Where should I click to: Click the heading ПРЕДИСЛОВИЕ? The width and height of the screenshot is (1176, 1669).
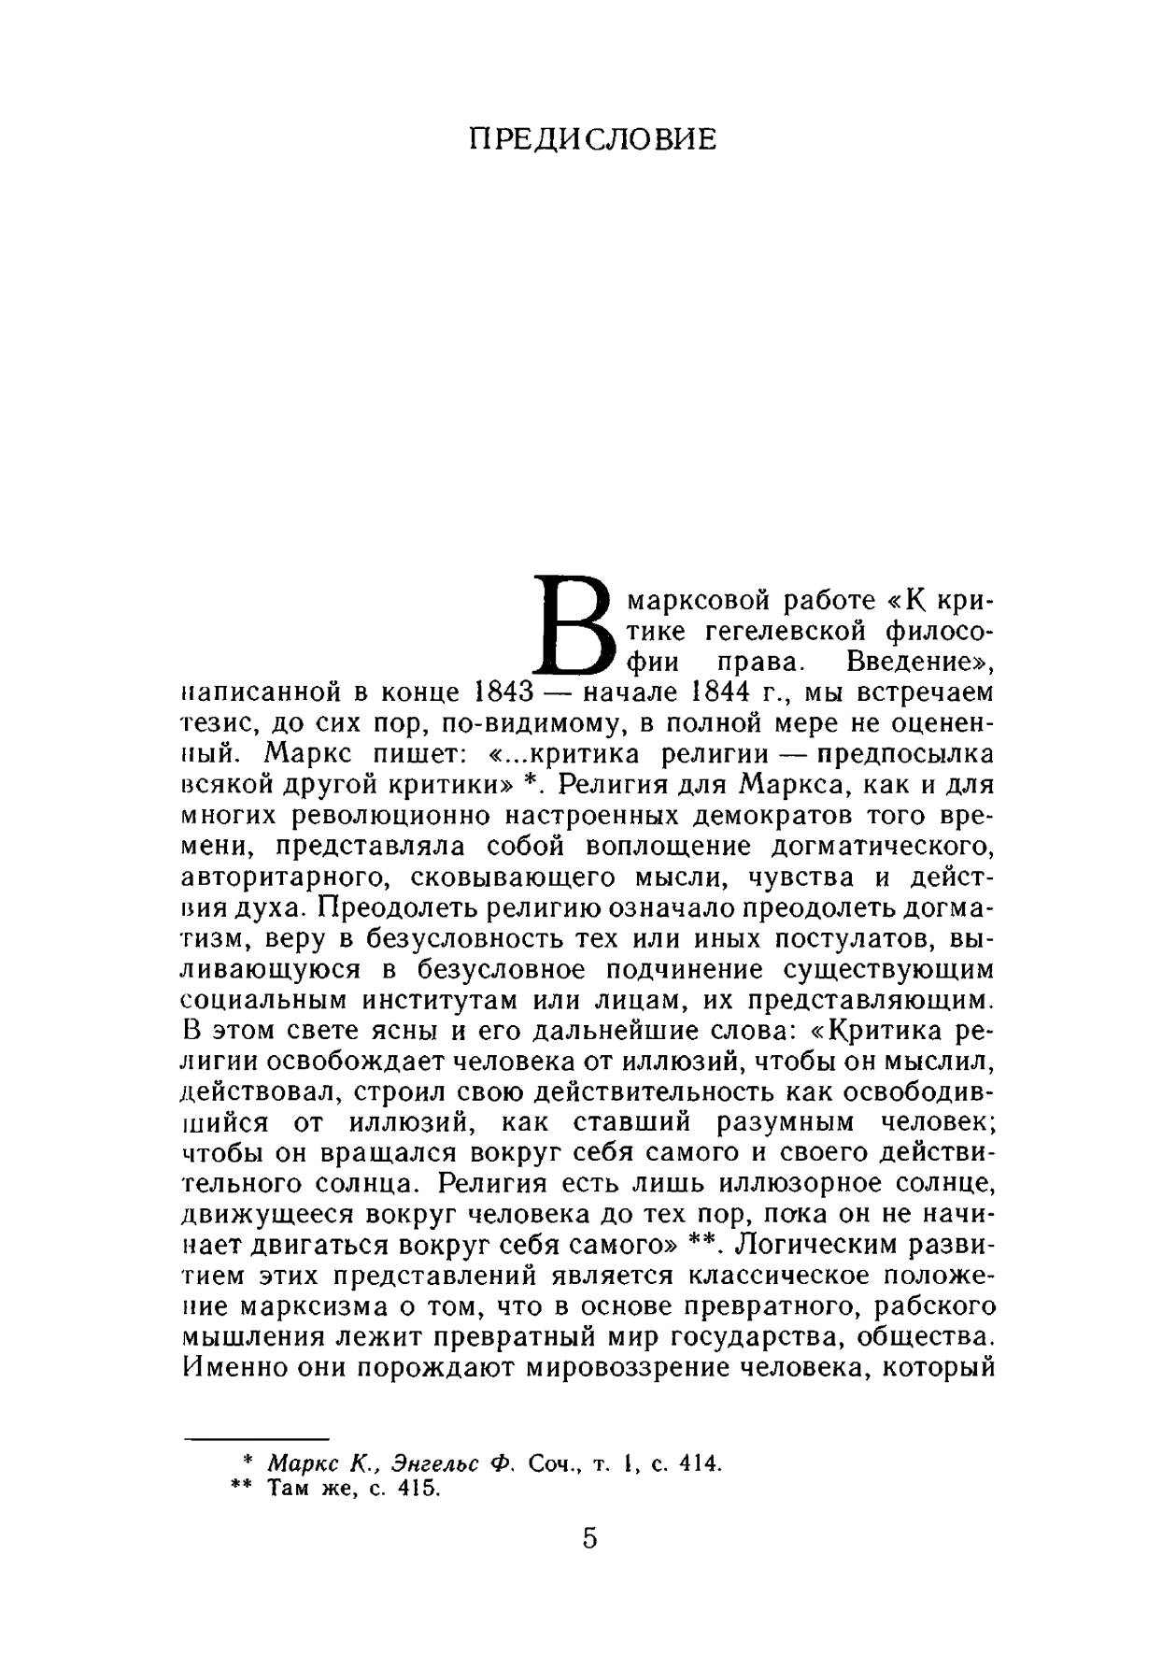pos(592,139)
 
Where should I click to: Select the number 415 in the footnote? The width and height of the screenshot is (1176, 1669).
pos(418,1489)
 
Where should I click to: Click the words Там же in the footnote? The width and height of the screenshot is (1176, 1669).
pos(307,1489)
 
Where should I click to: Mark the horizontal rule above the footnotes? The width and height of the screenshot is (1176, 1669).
pos(258,1439)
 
